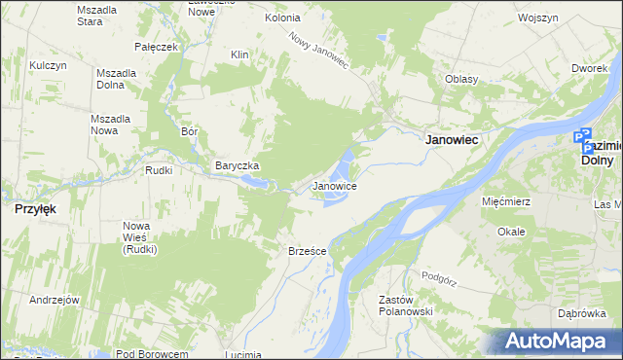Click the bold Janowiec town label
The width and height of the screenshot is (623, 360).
(452, 140)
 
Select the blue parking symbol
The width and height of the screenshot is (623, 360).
(583, 139)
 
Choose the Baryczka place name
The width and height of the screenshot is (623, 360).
(238, 165)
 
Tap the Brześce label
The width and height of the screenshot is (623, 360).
(307, 251)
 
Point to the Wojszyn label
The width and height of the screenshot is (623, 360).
(537, 18)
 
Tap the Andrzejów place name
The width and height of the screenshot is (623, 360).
(54, 300)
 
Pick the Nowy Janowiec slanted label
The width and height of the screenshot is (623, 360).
(318, 50)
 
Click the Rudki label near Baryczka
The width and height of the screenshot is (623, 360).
(158, 170)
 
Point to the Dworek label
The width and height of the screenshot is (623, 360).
(589, 68)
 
